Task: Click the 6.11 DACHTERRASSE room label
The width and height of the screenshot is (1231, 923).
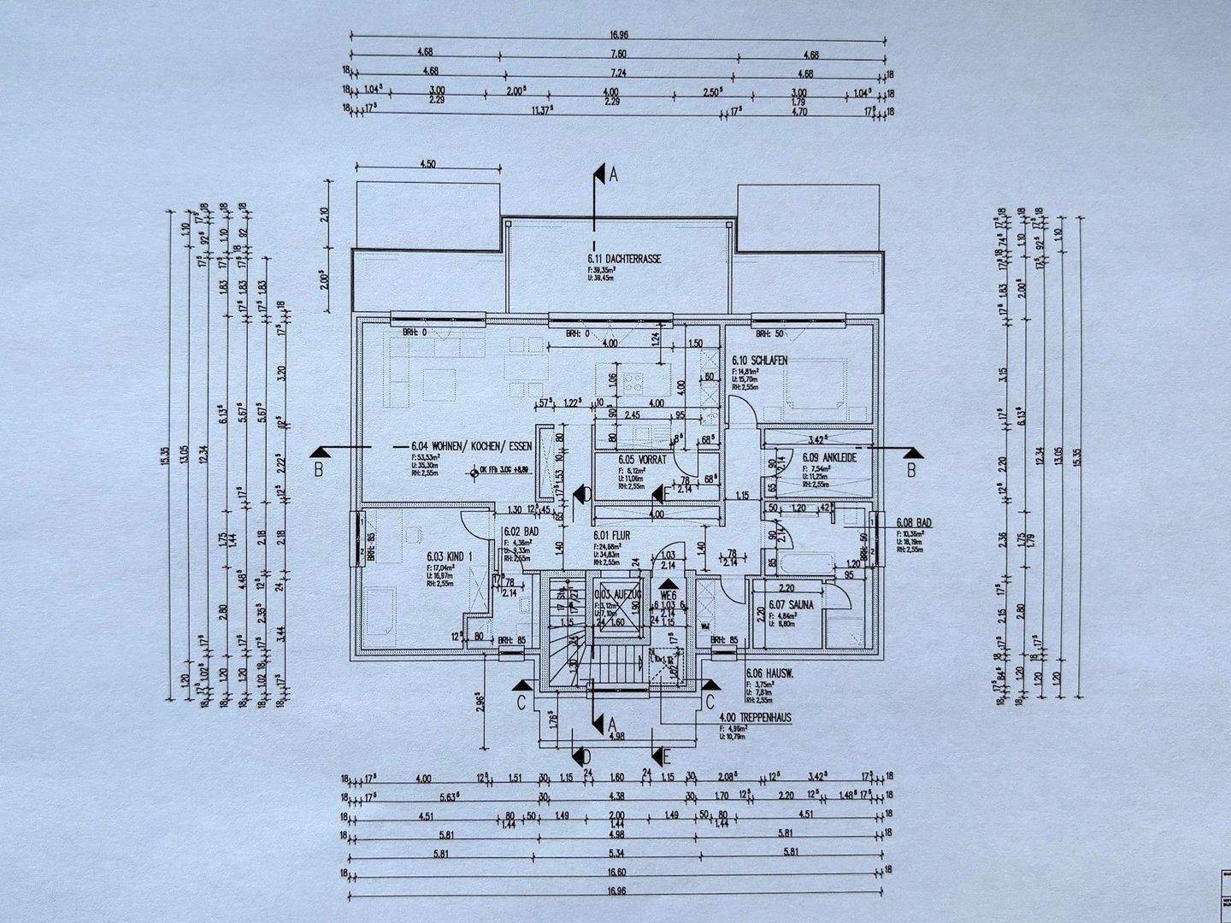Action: [x=624, y=259]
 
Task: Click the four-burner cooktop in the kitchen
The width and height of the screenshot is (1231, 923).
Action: [x=635, y=382]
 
